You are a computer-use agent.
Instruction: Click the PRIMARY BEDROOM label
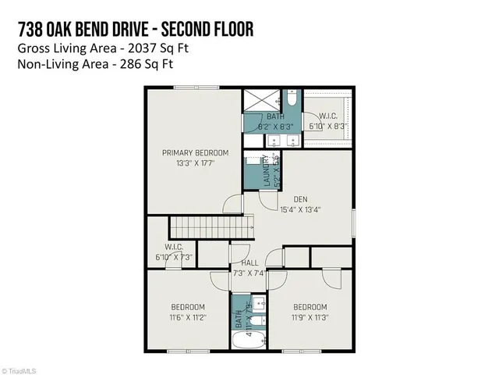195,152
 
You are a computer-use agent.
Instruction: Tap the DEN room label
300,198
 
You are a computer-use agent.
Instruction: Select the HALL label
249,262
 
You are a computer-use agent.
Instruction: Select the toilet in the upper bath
290,99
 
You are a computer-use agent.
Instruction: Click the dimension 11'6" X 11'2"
188,317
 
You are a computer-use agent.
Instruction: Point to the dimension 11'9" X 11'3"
310,317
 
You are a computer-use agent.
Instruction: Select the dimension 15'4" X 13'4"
300,209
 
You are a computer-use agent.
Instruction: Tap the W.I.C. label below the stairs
173,247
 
